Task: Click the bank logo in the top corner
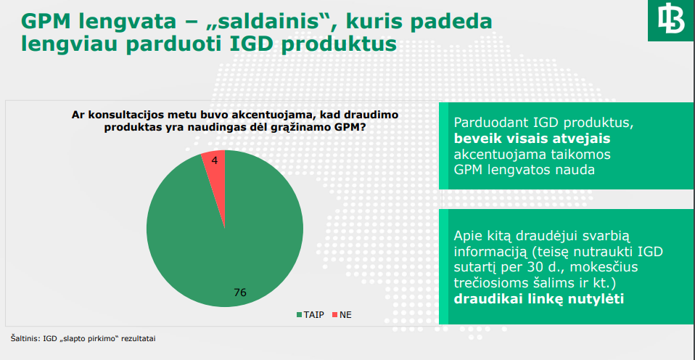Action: click(x=671, y=20)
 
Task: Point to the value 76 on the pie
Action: click(x=240, y=292)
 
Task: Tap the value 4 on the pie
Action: click(x=215, y=160)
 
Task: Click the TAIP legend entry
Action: click(x=311, y=315)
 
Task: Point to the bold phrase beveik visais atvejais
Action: click(x=532, y=139)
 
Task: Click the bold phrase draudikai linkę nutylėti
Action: click(x=540, y=299)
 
